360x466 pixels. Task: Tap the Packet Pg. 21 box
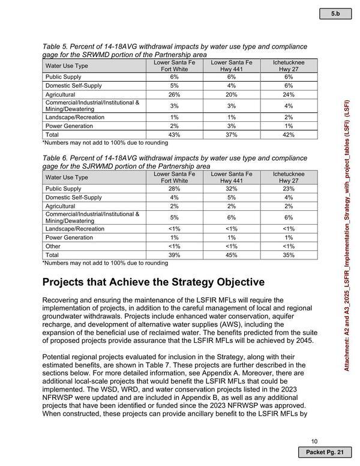325,451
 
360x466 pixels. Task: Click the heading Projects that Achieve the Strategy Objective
153,282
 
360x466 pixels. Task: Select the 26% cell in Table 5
175,94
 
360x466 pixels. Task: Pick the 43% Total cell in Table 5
175,135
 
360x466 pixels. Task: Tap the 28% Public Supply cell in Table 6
175,188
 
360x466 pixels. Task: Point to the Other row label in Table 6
54,246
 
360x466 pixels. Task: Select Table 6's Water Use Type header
67,177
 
